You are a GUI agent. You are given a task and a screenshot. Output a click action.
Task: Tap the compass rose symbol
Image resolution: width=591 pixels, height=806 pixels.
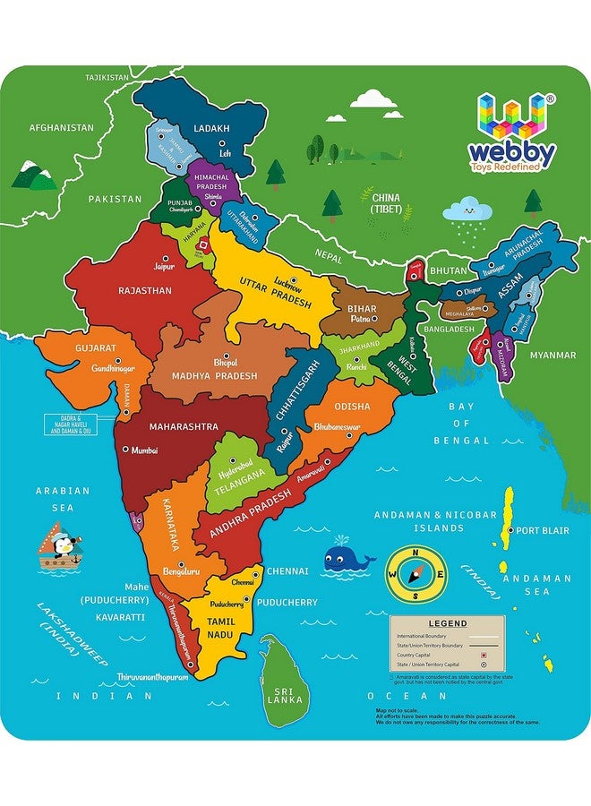[x=415, y=575]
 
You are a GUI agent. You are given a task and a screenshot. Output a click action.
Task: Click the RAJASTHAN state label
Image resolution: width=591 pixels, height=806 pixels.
[x=145, y=290]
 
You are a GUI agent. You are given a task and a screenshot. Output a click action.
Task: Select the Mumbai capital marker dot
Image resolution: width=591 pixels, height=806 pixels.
[x=124, y=451]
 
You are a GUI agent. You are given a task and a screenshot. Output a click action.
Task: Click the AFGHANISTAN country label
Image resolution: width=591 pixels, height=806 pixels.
[x=61, y=128]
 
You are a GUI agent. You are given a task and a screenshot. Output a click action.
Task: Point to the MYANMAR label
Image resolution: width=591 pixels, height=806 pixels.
[x=552, y=355]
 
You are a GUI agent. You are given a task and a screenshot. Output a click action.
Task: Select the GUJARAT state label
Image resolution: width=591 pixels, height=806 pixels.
[x=96, y=347]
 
